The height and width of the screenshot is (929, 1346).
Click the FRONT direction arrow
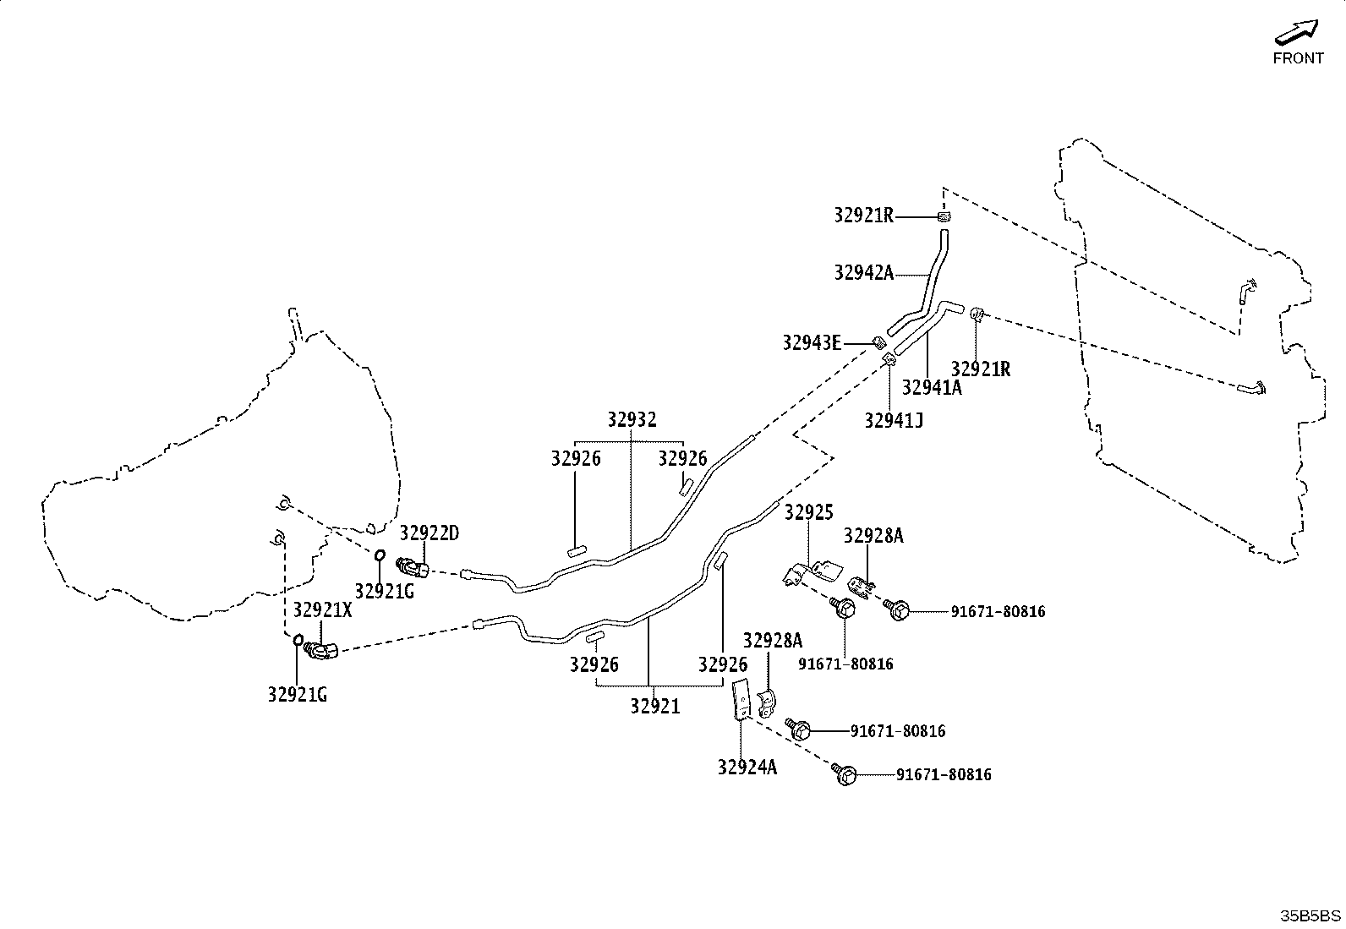coord(1296,32)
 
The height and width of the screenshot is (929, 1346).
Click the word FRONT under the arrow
coord(1298,58)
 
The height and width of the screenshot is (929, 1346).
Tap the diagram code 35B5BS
coord(1310,915)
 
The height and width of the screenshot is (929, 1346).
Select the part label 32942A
coord(863,273)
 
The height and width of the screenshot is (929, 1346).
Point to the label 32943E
coord(812,343)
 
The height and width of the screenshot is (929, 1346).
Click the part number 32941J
coord(894,421)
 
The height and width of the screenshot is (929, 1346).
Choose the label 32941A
coord(932,388)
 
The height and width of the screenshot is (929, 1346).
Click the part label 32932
coord(632,419)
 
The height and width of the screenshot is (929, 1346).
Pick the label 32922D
coord(429,533)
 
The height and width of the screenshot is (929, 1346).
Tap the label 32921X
coord(322,610)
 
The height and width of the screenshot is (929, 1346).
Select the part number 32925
coord(809,512)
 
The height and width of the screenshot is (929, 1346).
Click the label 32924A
coord(747,768)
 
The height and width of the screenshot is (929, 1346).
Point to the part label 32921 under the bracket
coord(655,706)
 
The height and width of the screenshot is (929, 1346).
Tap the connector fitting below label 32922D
coord(413,566)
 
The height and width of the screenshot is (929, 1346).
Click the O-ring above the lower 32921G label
coord(298,640)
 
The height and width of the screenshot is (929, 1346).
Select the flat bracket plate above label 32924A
coord(741,699)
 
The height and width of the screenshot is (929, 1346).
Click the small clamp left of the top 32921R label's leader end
coord(944,216)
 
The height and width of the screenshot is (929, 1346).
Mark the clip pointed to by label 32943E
coord(879,343)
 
